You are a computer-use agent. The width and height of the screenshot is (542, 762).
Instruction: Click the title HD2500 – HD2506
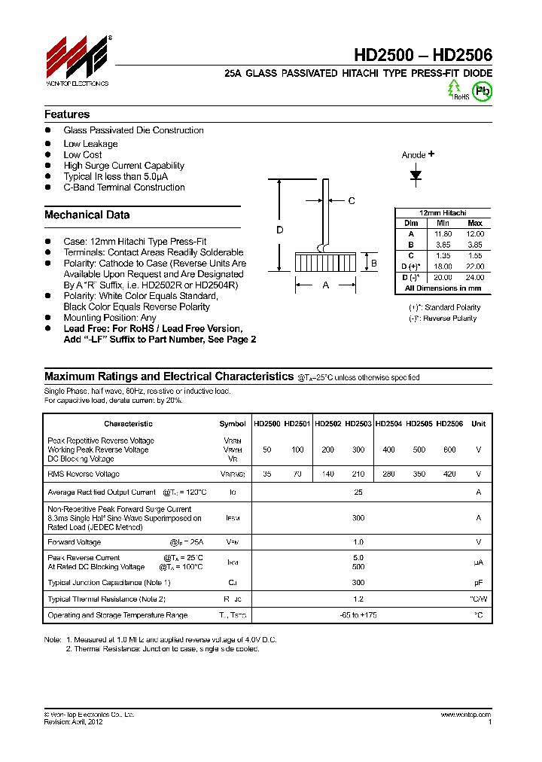point(423,55)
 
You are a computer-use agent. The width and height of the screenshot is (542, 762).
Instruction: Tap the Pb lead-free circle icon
point(481,90)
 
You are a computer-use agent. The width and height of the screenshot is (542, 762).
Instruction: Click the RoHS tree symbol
point(455,90)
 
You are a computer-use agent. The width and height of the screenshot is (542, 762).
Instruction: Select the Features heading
point(67,114)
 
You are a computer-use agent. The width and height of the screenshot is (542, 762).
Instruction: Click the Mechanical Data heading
point(87,215)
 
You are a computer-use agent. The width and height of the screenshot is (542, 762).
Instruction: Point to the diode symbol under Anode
point(416,175)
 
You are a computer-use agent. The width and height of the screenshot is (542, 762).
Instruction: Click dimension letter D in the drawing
point(279,230)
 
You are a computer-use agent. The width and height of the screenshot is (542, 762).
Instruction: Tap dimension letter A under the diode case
point(325,285)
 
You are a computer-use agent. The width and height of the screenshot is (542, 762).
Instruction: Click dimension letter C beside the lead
point(352,200)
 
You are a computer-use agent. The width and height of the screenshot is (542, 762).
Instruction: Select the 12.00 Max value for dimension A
point(474,234)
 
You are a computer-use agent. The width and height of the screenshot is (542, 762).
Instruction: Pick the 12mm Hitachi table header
point(443,213)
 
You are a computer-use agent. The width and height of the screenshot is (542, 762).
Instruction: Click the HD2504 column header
point(388,424)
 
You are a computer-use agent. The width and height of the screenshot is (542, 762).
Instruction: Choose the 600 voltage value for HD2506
point(449,450)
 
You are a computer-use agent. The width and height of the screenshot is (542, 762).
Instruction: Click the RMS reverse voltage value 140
point(328,474)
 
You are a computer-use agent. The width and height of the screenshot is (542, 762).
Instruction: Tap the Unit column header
point(478,424)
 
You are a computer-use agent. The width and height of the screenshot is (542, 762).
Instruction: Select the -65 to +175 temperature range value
point(358,615)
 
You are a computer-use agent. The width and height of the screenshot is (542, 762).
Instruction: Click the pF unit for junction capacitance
point(478,583)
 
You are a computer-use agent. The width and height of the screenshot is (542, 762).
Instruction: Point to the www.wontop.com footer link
point(463,714)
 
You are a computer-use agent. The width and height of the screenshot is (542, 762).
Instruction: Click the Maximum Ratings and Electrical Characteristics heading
point(169,376)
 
